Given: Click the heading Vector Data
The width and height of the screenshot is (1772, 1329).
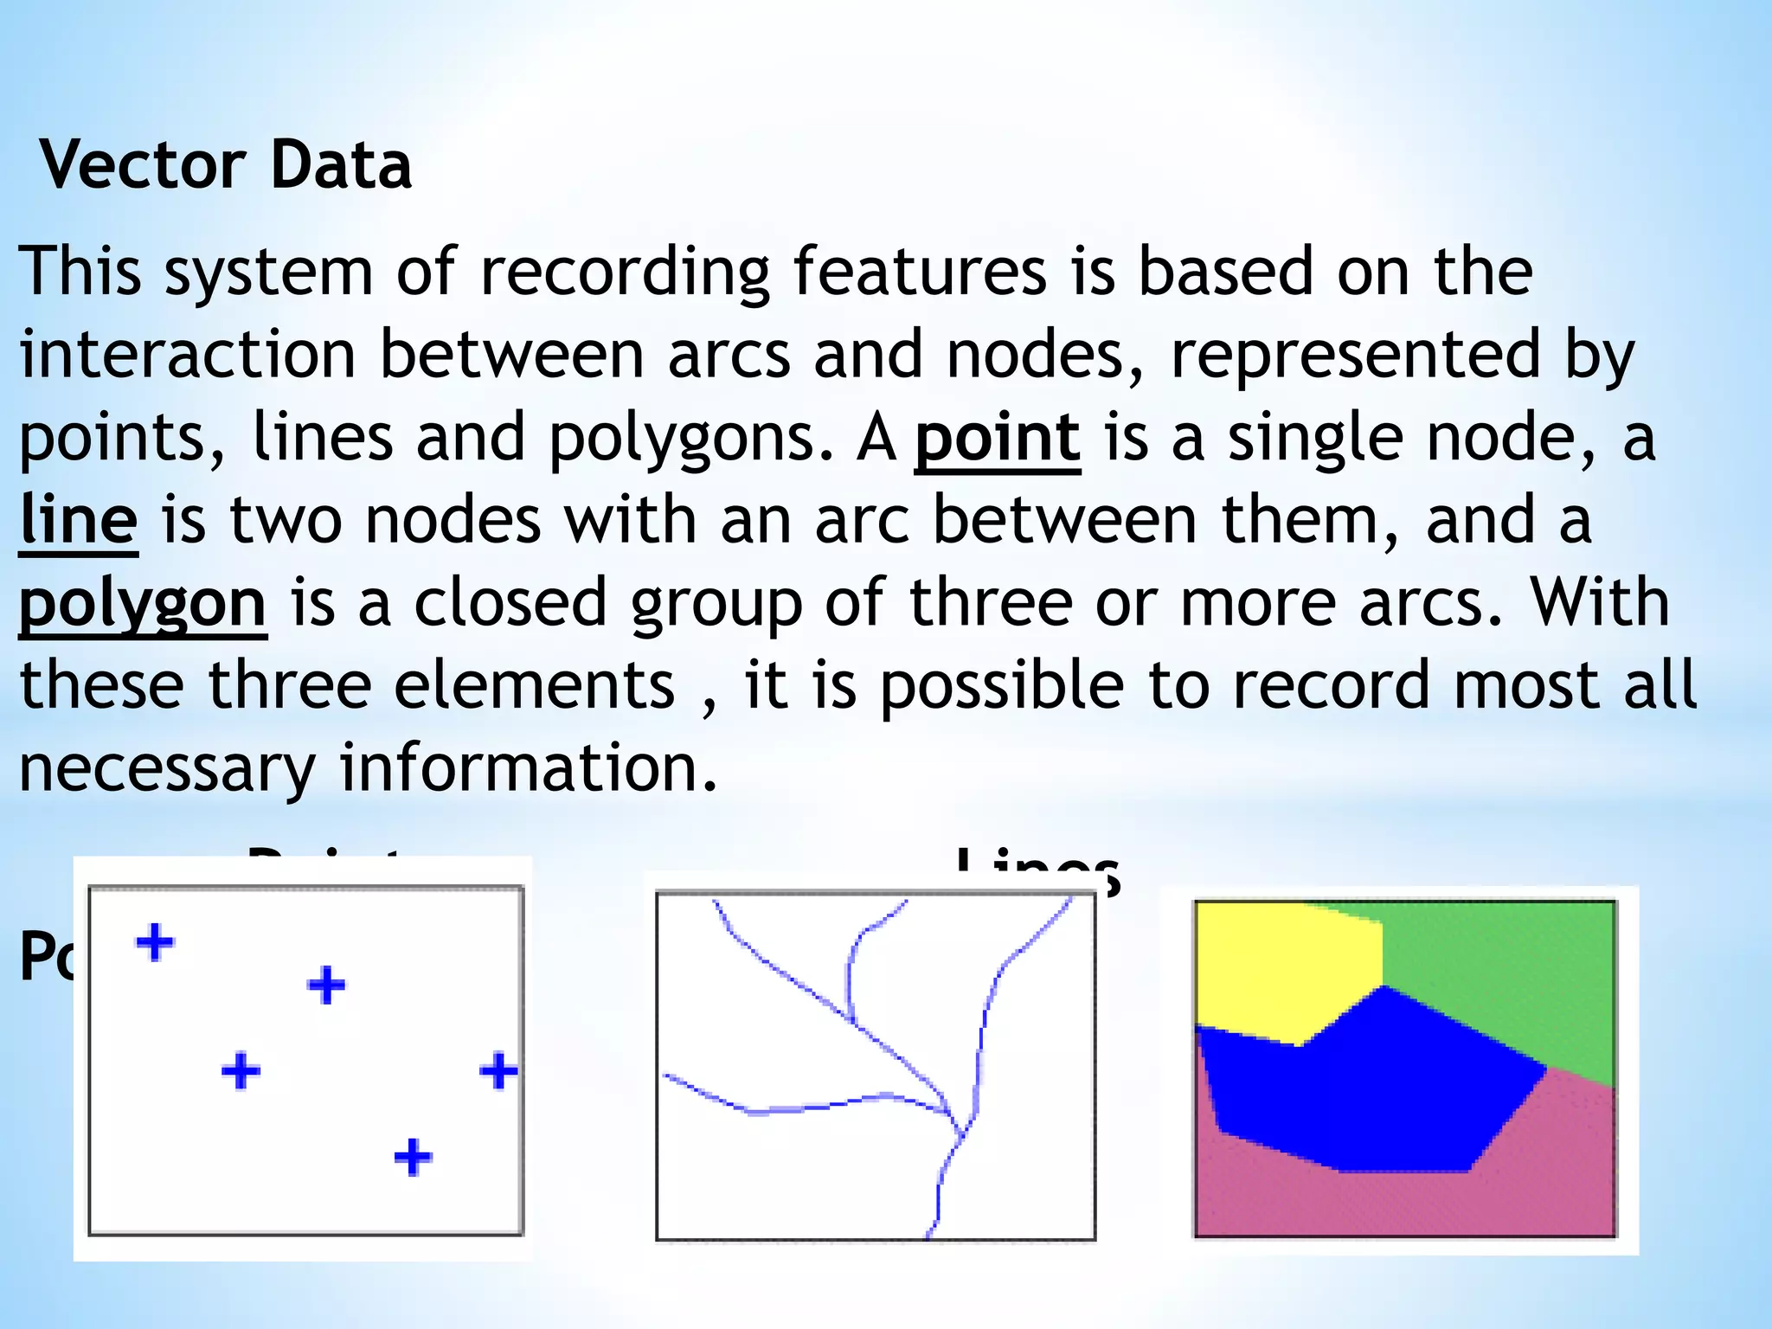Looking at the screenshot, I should tap(226, 164).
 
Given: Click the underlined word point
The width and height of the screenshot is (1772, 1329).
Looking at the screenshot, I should tap(998, 438).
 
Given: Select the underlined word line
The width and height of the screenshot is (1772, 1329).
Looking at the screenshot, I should tap(79, 520).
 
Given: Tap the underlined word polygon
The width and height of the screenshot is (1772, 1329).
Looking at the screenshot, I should tap(143, 604).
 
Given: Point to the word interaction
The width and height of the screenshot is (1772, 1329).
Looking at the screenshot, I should tap(188, 354).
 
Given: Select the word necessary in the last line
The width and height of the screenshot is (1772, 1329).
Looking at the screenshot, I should tap(167, 767).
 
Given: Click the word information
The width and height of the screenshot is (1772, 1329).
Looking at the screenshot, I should tap(528, 767).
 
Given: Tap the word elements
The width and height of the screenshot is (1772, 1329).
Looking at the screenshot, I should tap(534, 685).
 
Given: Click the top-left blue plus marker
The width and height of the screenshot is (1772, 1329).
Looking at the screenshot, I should tap(155, 942).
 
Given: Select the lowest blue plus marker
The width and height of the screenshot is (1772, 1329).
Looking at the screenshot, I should tap(413, 1157).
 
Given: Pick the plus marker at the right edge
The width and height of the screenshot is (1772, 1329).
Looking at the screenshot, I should tap(498, 1071).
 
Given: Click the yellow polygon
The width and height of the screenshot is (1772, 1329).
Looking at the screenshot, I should tap(1281, 969).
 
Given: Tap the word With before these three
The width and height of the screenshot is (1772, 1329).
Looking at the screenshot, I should tap(1599, 602).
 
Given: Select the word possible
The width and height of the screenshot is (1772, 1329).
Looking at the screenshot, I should tap(1002, 685).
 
